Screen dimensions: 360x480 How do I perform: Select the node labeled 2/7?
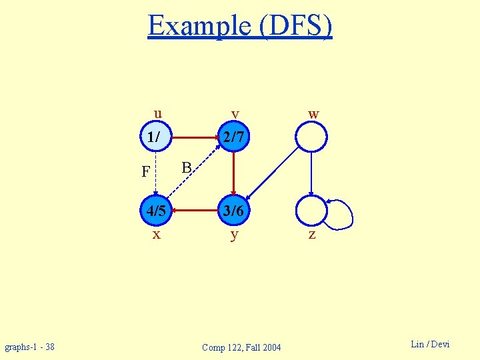click(234, 138)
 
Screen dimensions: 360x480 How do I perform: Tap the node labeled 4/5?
click(156, 211)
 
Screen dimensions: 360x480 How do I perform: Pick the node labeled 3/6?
click(234, 211)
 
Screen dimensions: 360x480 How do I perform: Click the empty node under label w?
click(311, 138)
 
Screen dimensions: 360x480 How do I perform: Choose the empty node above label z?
click(311, 211)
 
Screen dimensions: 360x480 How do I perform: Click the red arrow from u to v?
click(194, 138)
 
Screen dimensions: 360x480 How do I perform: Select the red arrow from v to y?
click(234, 174)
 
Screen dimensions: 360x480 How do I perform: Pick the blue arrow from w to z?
click(311, 174)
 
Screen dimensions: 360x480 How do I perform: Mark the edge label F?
click(146, 173)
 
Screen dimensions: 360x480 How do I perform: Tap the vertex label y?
click(234, 235)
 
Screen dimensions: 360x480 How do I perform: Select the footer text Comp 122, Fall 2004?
click(241, 347)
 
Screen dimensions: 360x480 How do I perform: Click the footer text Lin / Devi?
click(430, 344)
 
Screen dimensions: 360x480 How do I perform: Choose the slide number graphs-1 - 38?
click(30, 347)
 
